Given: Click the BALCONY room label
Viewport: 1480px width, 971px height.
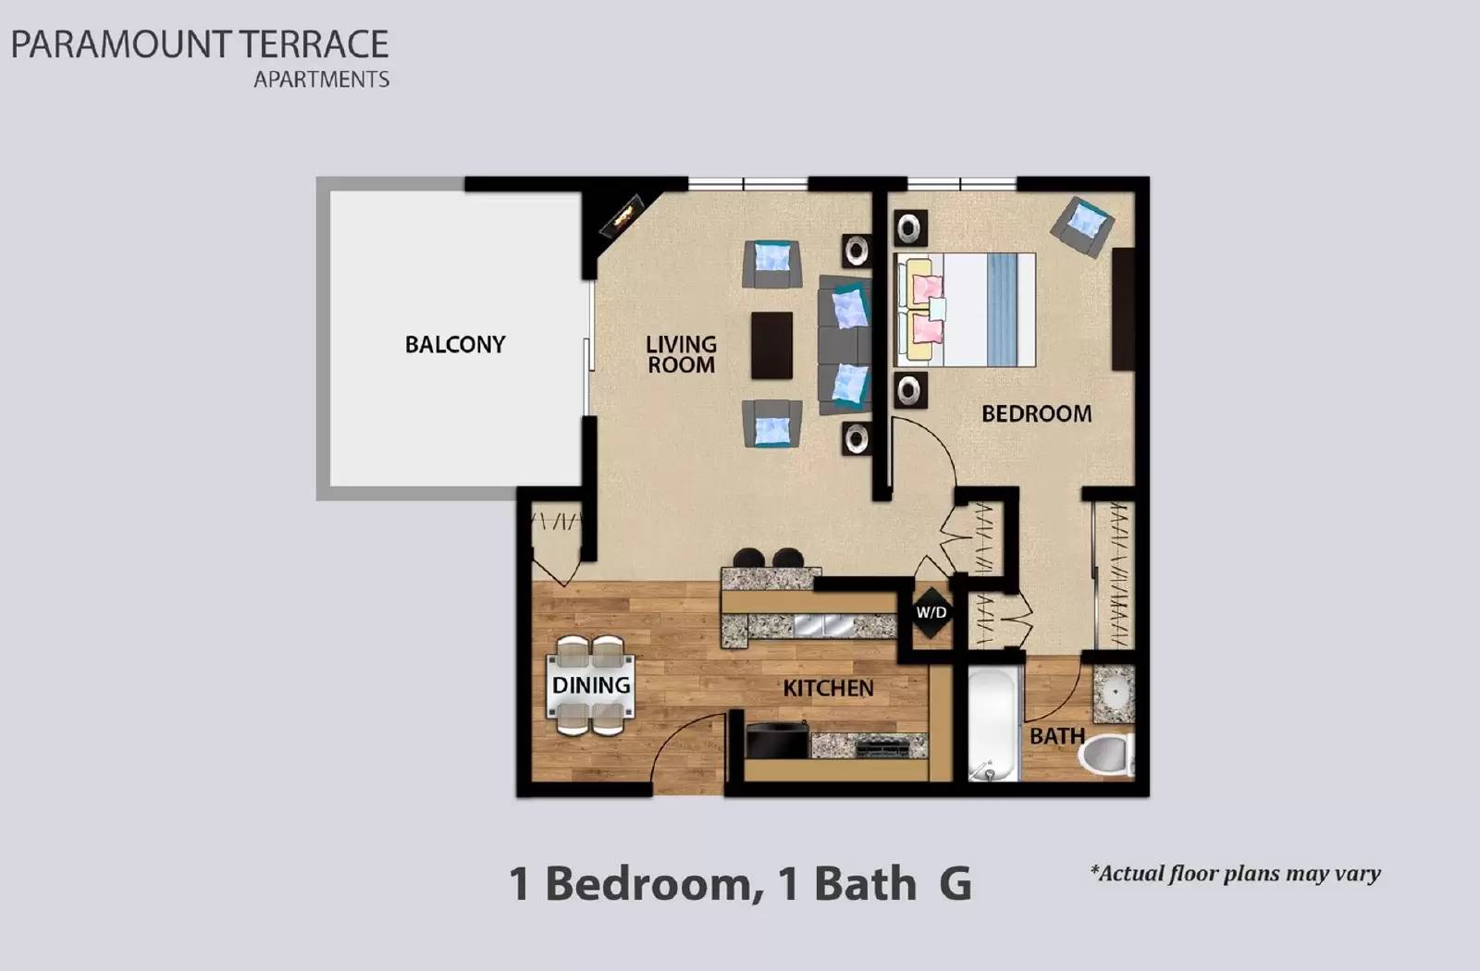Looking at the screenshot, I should coord(455,345).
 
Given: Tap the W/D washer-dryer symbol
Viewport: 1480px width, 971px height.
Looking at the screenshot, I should coord(931,612).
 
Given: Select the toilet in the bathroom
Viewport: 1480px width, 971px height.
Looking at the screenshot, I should coord(1108,754).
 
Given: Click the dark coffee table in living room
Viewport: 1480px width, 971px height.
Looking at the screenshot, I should coord(771,346).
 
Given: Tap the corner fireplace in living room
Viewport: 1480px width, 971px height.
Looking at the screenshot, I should coord(622,215).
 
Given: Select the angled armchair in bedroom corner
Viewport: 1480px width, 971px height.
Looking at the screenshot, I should coord(1082,225).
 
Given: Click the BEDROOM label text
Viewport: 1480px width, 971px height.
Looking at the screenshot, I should coord(1036,413).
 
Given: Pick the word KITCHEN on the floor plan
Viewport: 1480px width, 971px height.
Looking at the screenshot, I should coord(828,688).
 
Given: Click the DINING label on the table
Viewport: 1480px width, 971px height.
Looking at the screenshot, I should coord(591,685).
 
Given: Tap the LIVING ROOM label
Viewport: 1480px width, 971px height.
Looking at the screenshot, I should coord(681,354).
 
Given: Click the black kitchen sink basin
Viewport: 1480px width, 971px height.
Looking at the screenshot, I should coord(777,742).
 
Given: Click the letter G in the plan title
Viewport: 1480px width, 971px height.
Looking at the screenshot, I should coord(956,883).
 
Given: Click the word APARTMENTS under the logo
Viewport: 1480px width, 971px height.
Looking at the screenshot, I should coord(321,80).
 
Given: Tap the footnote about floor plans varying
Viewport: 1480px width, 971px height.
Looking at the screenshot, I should coord(1235,873).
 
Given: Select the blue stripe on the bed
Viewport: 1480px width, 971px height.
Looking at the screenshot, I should coord(1000,310).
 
